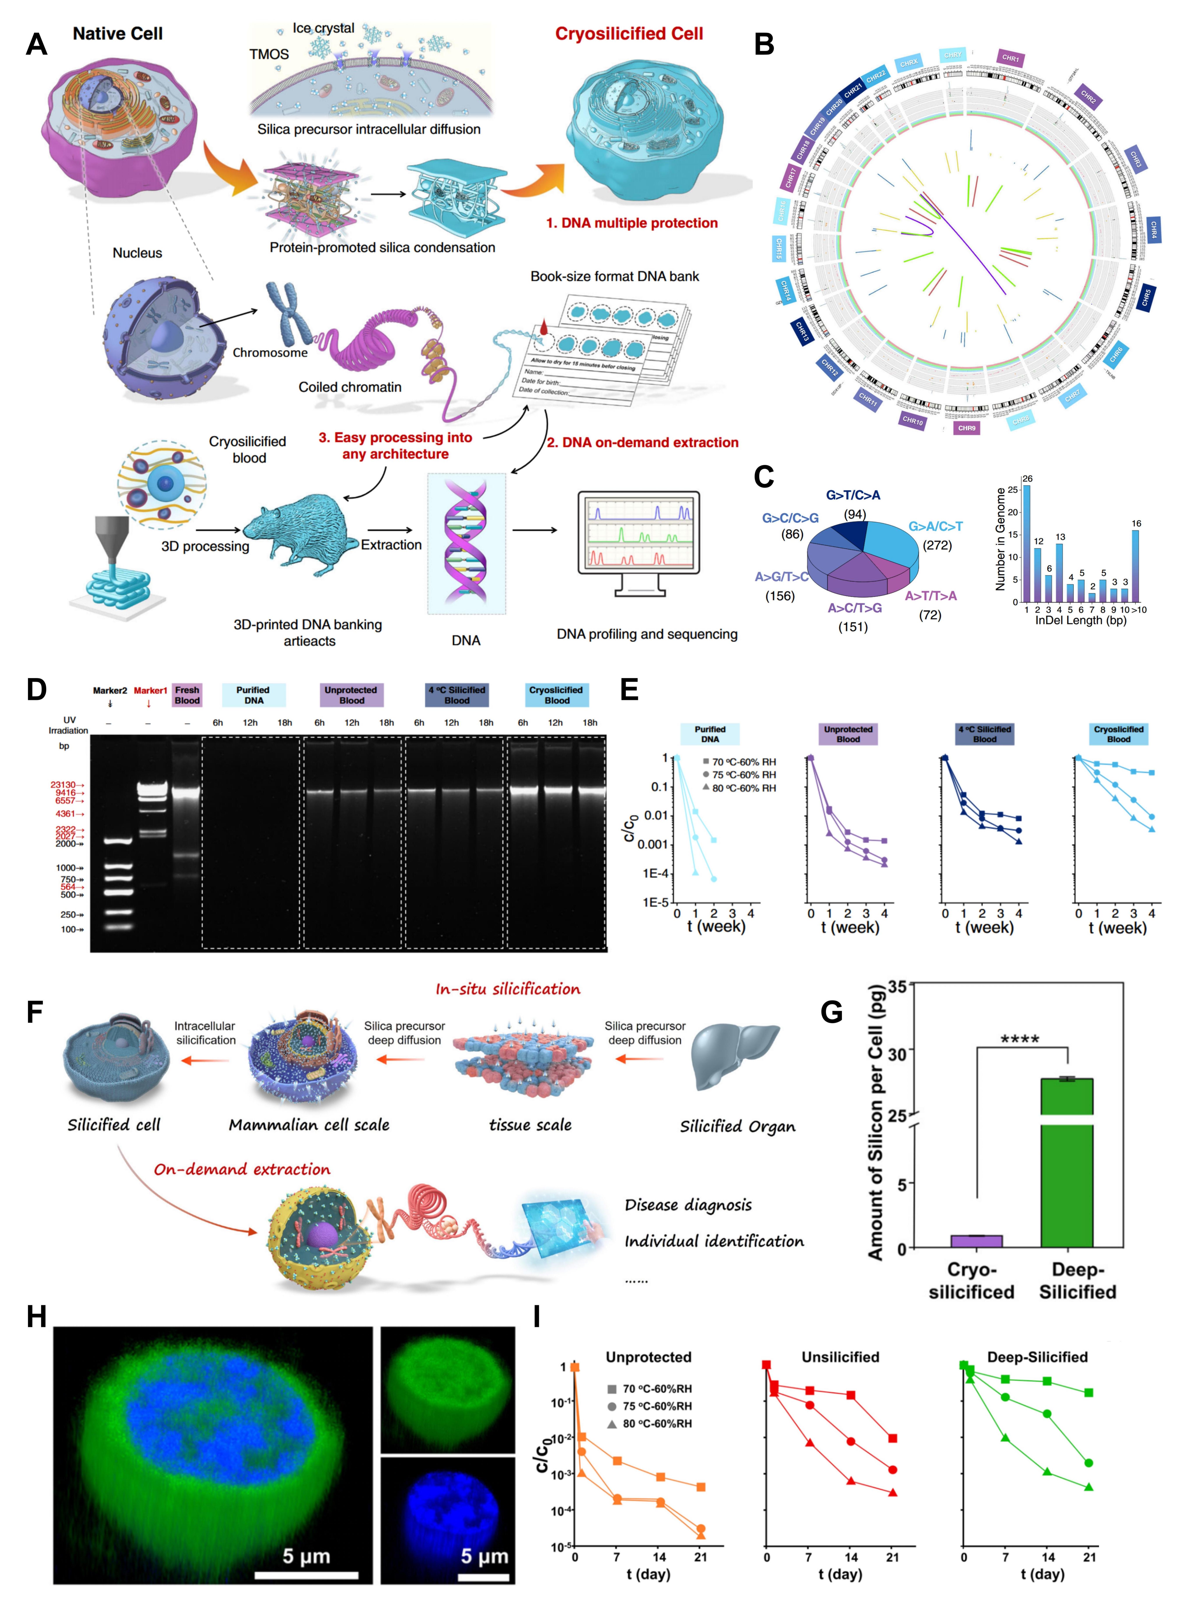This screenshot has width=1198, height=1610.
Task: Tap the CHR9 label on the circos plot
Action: (x=967, y=428)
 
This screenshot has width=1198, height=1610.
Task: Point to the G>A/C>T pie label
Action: (x=935, y=526)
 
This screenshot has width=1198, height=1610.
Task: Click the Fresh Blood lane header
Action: (x=187, y=695)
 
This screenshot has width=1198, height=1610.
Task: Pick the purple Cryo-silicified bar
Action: (x=976, y=1241)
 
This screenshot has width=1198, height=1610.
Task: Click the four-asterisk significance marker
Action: (x=1020, y=1039)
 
